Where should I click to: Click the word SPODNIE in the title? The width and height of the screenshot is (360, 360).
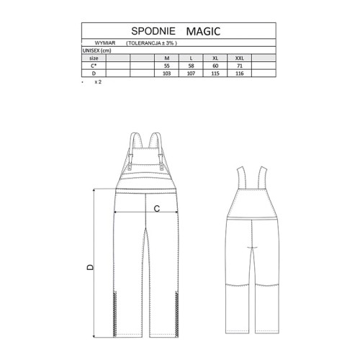coord(150,31)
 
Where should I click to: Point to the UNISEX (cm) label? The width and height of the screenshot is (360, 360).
coord(97,50)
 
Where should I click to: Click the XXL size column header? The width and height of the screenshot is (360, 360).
coord(240,58)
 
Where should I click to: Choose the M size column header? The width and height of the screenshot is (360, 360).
coord(166,58)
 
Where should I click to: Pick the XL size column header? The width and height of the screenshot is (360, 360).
coord(215,58)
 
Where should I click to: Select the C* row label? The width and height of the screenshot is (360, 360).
coord(94,66)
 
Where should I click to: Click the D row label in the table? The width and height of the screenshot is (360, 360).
coord(94,73)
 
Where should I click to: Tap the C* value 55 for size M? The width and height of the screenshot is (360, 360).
coord(166,66)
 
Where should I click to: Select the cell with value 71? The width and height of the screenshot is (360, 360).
coord(240,66)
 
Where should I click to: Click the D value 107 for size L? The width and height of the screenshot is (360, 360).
coord(191,73)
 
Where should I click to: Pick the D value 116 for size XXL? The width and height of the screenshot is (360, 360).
coord(240,73)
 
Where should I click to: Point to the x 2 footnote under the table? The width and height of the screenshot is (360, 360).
coord(97,82)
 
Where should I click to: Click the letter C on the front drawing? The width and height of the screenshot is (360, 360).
coord(156,208)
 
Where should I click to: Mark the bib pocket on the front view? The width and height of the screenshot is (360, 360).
coord(148,160)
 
